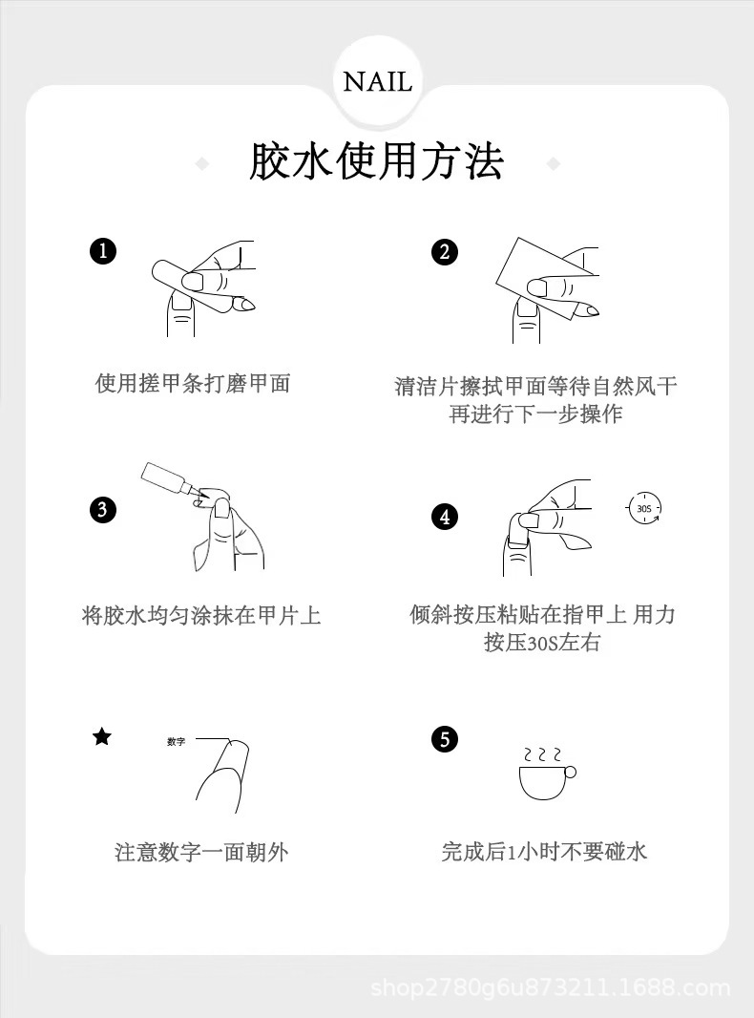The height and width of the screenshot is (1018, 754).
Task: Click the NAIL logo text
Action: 377,82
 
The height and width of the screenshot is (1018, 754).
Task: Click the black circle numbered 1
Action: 102,251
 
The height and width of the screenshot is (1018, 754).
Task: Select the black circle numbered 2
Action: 445,252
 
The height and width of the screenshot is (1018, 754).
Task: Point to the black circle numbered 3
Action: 102,510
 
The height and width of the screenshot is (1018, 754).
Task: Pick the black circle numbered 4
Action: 445,517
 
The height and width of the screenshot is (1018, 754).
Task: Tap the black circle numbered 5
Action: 445,739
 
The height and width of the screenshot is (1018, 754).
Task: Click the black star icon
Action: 102,737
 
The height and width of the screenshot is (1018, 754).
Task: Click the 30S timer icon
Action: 643,508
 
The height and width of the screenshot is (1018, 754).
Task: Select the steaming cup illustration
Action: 546,774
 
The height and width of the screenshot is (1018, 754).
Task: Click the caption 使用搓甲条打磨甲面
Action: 193,383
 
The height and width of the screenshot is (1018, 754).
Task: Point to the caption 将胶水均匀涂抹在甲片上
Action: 201,615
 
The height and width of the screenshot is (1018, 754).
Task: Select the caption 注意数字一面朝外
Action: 201,852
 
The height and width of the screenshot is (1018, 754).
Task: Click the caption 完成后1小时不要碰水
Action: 544,851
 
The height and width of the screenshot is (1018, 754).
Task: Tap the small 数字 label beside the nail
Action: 176,741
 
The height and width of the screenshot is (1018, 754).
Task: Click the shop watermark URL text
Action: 551,988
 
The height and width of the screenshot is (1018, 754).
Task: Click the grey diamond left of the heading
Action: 202,163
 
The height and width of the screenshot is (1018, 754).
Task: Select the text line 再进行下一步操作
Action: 536,414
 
